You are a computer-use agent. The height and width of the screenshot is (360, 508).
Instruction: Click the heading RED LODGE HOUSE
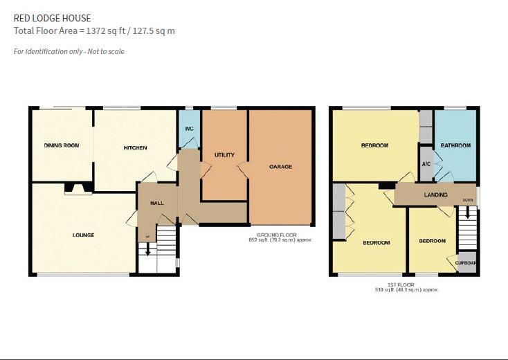[x=52, y=18]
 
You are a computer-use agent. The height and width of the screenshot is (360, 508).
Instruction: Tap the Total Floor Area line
[x=94, y=31]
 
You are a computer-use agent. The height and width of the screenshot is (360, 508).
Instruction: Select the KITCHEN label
[x=135, y=148]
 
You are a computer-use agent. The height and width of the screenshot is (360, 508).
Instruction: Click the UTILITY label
[x=224, y=154]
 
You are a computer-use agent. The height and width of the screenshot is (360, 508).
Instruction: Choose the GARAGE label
[x=280, y=167]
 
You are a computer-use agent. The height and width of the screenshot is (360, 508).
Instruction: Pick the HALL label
[x=157, y=204]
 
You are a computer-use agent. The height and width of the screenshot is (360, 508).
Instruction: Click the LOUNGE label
[x=83, y=235]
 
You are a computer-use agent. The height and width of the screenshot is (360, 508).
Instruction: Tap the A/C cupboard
[x=426, y=164]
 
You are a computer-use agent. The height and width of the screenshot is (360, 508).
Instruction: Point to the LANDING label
[x=435, y=195]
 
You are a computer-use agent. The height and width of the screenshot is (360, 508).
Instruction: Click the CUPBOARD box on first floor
[x=467, y=262]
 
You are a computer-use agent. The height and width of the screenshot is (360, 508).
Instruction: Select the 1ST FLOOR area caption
[x=401, y=287]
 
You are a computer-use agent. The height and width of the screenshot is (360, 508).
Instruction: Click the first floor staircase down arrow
[x=467, y=214]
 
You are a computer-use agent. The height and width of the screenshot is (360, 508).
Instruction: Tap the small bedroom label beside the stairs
[x=432, y=241]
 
